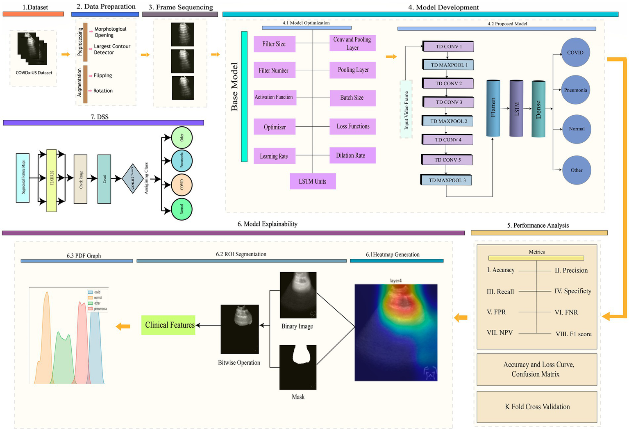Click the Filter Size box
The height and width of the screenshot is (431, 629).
coord(274,44)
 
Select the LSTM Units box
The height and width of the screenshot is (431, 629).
coord(313,181)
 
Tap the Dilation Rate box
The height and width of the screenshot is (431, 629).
coord(352,155)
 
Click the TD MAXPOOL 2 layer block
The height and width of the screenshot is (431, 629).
coord(448,121)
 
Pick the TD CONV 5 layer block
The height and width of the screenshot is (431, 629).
coord(447,160)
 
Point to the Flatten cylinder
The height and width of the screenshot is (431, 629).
coord(493,108)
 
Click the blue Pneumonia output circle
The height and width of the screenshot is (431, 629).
coord(575,90)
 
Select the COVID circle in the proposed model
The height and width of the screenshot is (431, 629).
coord(575,52)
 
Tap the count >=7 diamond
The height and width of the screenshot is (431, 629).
coord(132,179)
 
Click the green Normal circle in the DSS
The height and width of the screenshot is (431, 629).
coord(182,209)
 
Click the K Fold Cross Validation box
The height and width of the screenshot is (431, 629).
coord(537,407)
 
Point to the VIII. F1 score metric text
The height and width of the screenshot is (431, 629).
coord(573,334)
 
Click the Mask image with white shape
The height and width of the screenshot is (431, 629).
coord(298,367)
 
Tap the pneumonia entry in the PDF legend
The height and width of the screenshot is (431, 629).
coord(100,309)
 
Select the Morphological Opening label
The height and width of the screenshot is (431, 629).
coord(110,32)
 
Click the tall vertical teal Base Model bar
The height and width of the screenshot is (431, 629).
coord(244,96)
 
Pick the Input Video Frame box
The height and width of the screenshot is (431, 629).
coord(406,109)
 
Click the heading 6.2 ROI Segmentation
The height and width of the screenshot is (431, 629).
coord(241,254)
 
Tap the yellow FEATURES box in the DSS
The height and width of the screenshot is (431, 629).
coord(52,180)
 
